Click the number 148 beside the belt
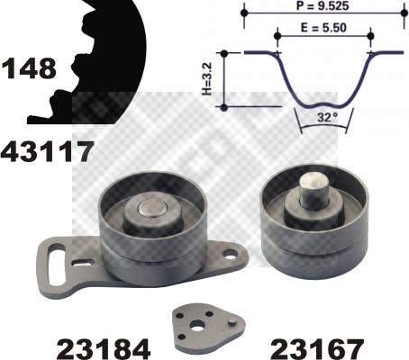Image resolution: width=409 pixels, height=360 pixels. [29, 67]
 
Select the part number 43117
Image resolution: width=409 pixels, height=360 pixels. [47, 151]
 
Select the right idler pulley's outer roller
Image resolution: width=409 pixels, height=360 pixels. [311, 238]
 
